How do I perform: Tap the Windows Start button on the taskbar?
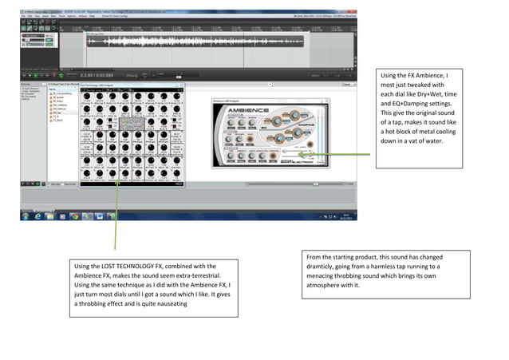click(25, 216)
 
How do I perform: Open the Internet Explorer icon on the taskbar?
click(37, 216)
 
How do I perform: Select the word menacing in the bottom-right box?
click(326, 276)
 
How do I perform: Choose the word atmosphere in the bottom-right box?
click(329, 286)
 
